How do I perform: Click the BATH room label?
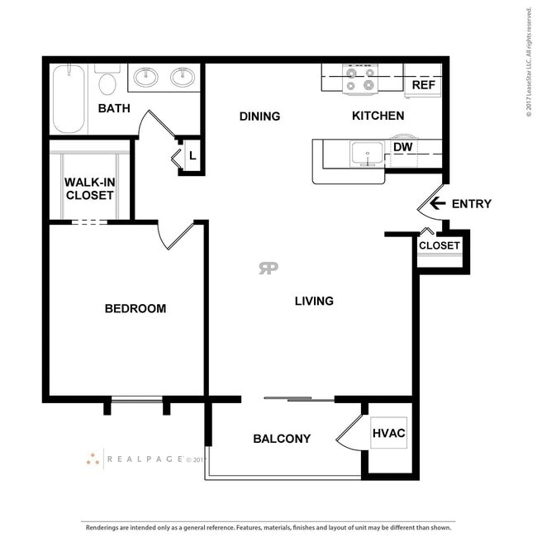coord(113,108)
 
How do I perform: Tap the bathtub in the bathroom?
coord(69,100)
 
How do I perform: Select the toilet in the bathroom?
coord(107,83)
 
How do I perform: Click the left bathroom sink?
coord(147,78)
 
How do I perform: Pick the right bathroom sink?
coord(183,78)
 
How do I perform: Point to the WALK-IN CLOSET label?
coord(89,189)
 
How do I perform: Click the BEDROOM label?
coord(135,309)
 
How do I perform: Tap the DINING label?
coord(259,116)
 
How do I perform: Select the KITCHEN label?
coord(378,116)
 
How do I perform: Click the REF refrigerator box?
coord(423,84)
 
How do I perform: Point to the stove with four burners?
coord(360,79)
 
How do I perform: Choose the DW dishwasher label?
coord(402,148)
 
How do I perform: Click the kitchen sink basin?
coord(366,153)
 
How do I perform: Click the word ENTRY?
coord(472,204)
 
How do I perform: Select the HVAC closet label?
coord(387,433)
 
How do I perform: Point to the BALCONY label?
coord(282,439)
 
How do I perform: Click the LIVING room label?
coord(314,301)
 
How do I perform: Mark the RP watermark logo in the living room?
coord(268,268)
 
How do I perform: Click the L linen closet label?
coord(192,154)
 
